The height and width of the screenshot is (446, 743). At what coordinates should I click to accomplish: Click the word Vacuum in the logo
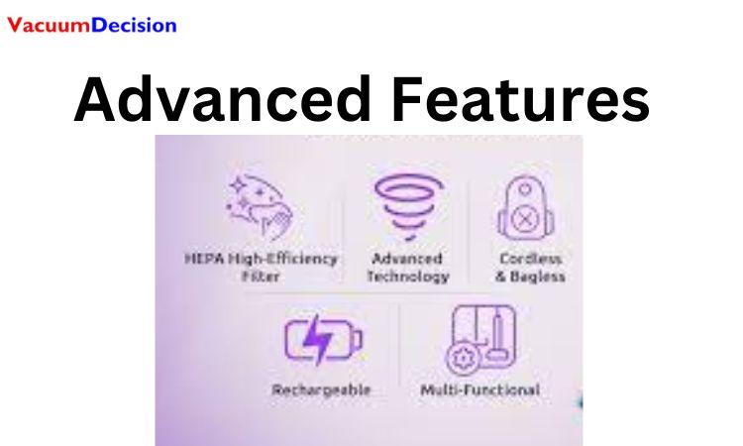[x=47, y=25]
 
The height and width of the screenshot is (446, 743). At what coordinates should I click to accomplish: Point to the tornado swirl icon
[x=407, y=206]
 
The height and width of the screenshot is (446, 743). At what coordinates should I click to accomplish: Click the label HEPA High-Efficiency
[x=262, y=259]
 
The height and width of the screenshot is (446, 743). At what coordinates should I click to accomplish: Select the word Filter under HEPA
[x=261, y=277]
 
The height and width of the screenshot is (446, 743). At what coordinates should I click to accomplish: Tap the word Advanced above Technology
[x=408, y=259]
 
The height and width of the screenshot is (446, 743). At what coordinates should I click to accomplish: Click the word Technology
[x=408, y=277]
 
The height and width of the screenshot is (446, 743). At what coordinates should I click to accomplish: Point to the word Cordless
[x=530, y=259]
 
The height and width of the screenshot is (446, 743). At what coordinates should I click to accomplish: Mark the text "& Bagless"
[x=530, y=277]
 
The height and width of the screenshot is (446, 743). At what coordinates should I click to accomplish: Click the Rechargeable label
[x=321, y=390]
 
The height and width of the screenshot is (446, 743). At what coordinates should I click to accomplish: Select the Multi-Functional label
[x=480, y=390]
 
